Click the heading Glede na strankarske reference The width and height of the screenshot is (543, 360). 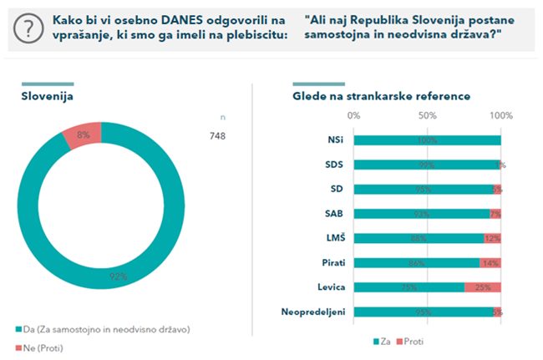coord(381,97)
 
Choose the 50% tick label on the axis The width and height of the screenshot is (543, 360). coord(427,115)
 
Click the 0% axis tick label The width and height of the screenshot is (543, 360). coord(354,115)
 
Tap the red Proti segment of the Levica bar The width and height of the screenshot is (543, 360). coord(483,287)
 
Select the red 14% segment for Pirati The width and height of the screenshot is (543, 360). coord(490,263)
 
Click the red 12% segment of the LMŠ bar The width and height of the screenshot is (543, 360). coord(492,238)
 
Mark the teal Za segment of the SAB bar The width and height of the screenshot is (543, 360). coord(422,214)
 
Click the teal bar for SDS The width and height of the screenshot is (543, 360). coord(426,165)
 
